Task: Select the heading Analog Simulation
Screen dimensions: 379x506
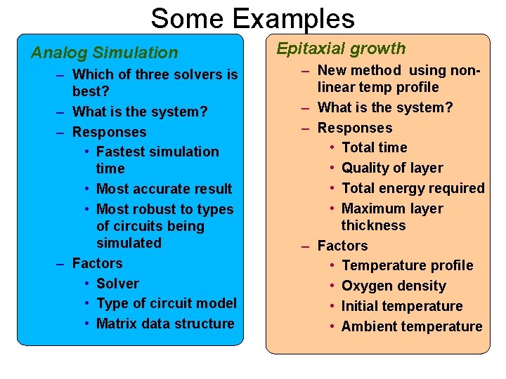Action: click(104, 53)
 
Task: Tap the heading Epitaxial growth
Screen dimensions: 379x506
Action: click(341, 48)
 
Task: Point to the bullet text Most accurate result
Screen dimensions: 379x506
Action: click(164, 189)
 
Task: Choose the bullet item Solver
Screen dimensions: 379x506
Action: click(117, 284)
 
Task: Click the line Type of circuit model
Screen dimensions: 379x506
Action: click(166, 303)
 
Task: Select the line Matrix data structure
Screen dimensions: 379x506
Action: click(165, 324)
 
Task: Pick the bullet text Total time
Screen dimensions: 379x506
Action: click(374, 147)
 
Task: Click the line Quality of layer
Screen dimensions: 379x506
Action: click(392, 168)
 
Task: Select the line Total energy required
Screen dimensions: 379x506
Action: click(413, 188)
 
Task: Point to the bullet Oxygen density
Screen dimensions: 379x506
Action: click(394, 286)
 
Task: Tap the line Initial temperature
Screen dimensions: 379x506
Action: click(402, 306)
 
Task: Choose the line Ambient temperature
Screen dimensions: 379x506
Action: click(412, 326)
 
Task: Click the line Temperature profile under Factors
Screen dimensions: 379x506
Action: click(407, 265)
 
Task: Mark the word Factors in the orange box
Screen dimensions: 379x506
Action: click(342, 246)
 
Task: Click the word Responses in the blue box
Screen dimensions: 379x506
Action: click(110, 132)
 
